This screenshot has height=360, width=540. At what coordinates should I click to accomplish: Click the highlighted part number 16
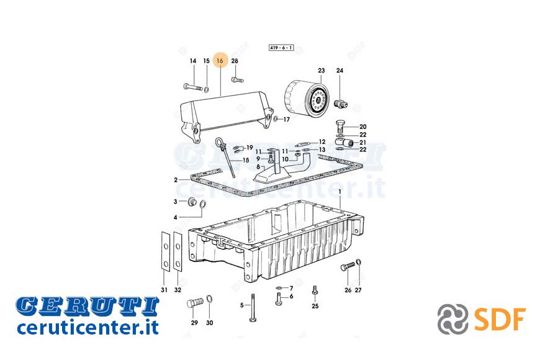pyautogui.click(x=220, y=61)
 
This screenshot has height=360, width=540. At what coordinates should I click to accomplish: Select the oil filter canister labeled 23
pyautogui.click(x=307, y=99)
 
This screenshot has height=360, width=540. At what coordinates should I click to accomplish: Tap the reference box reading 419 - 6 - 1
pyautogui.click(x=281, y=48)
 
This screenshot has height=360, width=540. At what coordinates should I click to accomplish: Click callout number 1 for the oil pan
pyautogui.click(x=340, y=192)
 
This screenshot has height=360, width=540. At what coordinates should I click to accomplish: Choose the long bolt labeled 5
pyautogui.click(x=253, y=308)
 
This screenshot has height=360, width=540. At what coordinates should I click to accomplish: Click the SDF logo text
pyautogui.click(x=500, y=320)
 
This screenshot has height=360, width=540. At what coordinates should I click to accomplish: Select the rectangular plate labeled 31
pyautogui.click(x=166, y=251)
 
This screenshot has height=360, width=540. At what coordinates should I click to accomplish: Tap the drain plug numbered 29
pyautogui.click(x=195, y=304)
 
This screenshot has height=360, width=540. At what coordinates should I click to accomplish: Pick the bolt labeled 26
pyautogui.click(x=348, y=267)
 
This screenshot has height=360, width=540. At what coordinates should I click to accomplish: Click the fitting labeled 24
pyautogui.click(x=341, y=103)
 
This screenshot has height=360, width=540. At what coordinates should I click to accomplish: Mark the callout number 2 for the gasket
pyautogui.click(x=176, y=180)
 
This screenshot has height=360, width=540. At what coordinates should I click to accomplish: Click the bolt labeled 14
pyautogui.click(x=193, y=86)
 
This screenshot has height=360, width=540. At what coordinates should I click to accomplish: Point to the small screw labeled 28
pyautogui.click(x=237, y=80)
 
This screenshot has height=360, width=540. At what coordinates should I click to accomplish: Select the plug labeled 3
pyautogui.click(x=191, y=202)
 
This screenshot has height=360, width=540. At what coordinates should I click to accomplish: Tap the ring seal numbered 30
pyautogui.click(x=209, y=299)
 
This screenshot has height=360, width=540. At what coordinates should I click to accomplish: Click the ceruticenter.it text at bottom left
pyautogui.click(x=88, y=327)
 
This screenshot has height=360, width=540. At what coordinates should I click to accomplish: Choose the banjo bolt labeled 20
pyautogui.click(x=340, y=126)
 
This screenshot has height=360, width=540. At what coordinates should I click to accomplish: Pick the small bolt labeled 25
pyautogui.click(x=315, y=290)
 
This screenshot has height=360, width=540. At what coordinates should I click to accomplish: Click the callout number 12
pyautogui.click(x=322, y=142)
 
